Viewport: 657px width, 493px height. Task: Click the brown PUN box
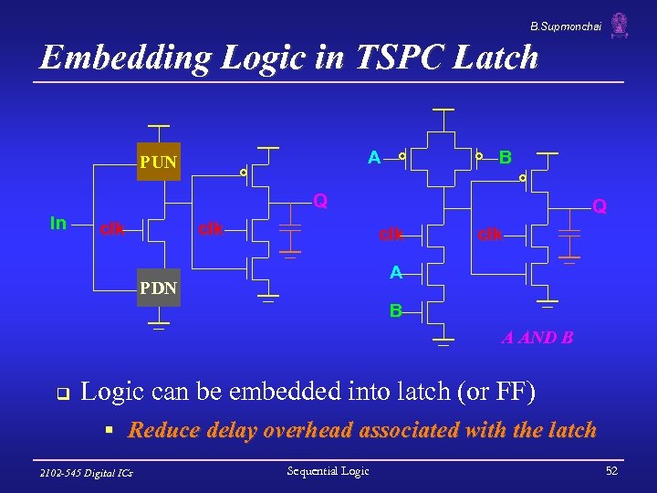pos(158,163)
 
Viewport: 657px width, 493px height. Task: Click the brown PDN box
pos(158,289)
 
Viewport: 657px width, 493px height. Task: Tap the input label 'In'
pos(58,224)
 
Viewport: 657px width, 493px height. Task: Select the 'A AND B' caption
pos(537,338)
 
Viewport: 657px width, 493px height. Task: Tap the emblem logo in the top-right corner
pos(620,25)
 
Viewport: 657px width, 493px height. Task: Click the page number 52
pos(611,470)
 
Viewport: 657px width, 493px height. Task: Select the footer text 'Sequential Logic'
pos(328,470)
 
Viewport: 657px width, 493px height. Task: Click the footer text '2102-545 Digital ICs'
pos(87,472)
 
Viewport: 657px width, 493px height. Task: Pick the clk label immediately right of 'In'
pos(112,227)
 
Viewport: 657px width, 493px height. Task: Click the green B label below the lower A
pos(395,311)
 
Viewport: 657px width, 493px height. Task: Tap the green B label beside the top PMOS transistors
pos(505,157)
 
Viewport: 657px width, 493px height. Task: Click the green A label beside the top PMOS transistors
pos(374,158)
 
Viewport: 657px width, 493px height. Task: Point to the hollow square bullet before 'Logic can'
pos(62,394)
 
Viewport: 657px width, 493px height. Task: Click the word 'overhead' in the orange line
pos(308,430)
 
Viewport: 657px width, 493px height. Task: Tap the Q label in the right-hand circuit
pos(599,206)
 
